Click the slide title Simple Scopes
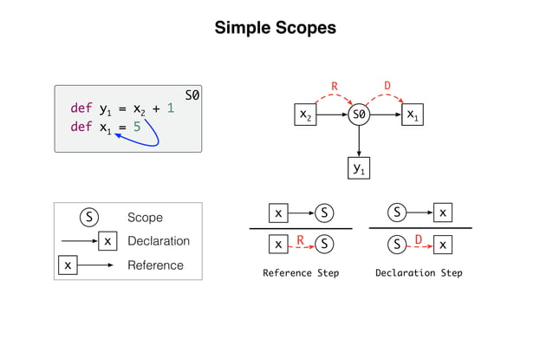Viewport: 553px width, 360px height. click(x=276, y=29)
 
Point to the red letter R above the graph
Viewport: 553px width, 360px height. click(x=335, y=86)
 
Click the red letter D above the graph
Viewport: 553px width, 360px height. click(x=387, y=86)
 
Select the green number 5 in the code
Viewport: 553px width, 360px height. click(x=136, y=128)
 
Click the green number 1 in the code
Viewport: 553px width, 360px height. click(x=170, y=109)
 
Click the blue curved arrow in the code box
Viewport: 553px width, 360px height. click(x=155, y=137)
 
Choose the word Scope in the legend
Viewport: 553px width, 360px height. click(x=145, y=217)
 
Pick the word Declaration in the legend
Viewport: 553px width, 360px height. click(x=158, y=241)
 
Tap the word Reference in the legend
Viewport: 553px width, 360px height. click(x=155, y=265)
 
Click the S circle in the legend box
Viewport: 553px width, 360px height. click(x=88, y=217)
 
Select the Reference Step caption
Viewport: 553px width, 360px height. click(x=301, y=273)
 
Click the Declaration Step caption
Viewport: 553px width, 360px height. click(x=419, y=273)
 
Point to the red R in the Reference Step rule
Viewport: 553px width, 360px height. click(x=300, y=240)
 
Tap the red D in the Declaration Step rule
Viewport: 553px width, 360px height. click(x=419, y=240)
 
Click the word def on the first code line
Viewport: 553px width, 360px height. click(x=81, y=109)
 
